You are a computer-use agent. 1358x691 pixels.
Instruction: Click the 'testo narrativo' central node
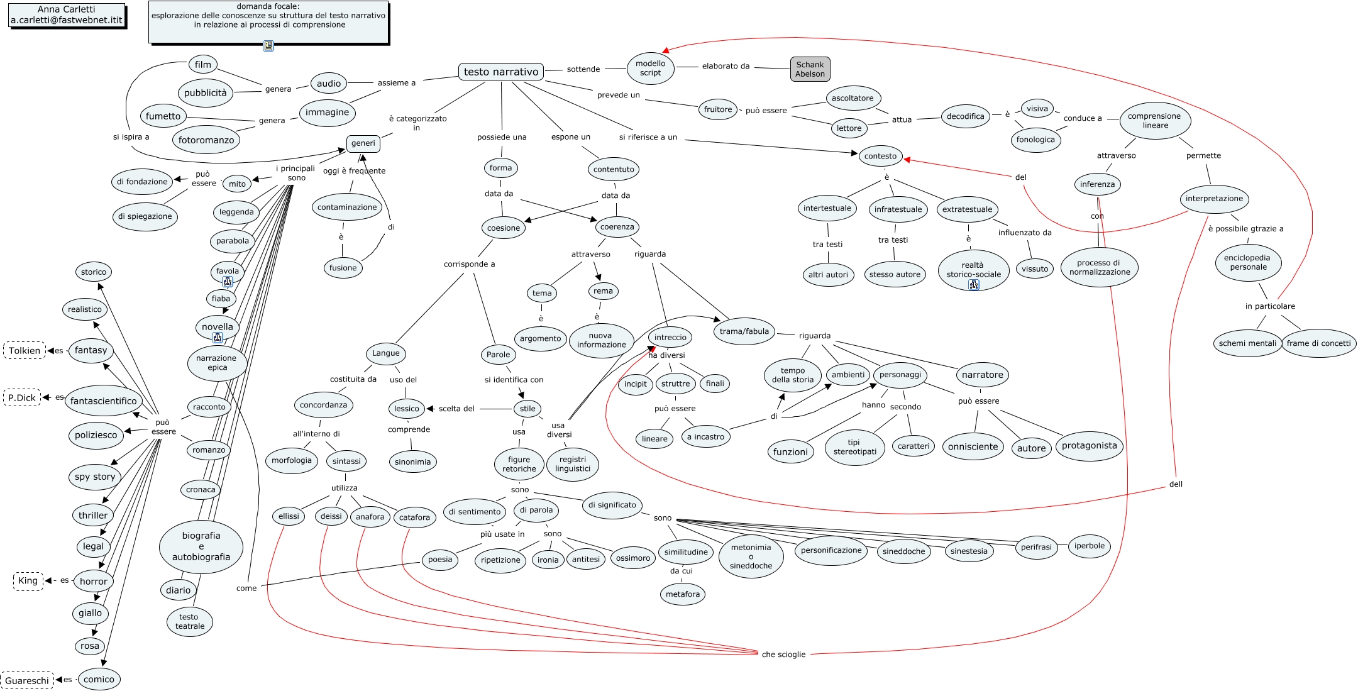point(501,72)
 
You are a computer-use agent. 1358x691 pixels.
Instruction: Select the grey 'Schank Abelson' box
point(810,69)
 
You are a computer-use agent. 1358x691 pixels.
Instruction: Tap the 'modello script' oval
point(650,68)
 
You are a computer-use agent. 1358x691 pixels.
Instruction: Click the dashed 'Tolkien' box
point(25,350)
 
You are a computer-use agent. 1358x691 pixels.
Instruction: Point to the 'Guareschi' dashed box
point(27,680)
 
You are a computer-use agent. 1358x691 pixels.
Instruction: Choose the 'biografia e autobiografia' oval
point(201,546)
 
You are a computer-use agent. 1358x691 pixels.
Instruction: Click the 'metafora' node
point(683,594)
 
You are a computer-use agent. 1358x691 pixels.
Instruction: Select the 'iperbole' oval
point(1089,546)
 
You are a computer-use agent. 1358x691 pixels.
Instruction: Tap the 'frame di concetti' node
point(1318,343)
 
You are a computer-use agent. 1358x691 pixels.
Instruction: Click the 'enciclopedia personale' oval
point(1248,262)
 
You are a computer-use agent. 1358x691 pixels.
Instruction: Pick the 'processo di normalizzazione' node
point(1099,267)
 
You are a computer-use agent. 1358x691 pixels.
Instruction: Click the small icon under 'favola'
point(228,282)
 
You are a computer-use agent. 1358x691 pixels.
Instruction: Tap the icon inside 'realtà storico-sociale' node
point(973,285)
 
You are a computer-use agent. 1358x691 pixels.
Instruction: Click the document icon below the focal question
point(268,46)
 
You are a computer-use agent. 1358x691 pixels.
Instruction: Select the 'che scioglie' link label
point(783,655)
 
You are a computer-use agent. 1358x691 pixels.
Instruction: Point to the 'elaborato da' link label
point(726,66)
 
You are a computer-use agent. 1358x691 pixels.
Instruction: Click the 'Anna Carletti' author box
point(67,14)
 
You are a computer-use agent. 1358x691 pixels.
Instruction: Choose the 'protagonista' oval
point(1089,446)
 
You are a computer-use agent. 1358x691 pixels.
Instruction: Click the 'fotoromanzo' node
point(206,140)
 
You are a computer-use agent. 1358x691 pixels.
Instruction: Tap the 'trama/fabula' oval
point(744,331)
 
